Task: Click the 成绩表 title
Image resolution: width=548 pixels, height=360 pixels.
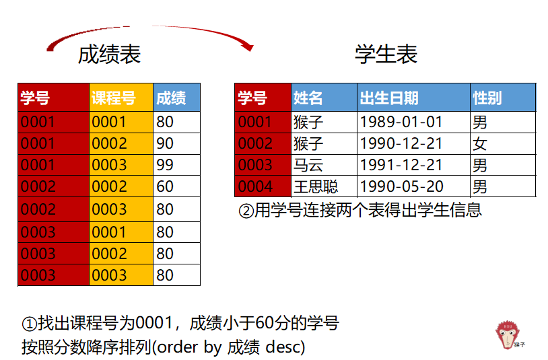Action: click(109, 55)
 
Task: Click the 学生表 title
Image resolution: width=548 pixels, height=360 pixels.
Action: click(386, 55)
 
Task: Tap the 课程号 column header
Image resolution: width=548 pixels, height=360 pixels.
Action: click(113, 98)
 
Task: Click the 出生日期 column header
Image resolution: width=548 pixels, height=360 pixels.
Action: click(389, 98)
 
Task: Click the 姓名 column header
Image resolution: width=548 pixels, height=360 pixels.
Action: click(308, 98)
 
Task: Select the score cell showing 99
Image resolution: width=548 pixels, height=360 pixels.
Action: click(165, 165)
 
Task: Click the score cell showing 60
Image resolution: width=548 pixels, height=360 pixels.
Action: click(165, 186)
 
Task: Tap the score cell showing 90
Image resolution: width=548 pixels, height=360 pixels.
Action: click(165, 143)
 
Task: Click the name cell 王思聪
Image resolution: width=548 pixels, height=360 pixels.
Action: click(316, 186)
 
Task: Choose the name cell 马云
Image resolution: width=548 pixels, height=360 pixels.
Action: click(308, 165)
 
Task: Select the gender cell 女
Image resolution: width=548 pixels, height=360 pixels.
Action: click(480, 143)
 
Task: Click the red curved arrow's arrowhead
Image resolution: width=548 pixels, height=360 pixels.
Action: click(248, 46)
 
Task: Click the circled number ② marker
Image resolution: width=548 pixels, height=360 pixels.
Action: click(246, 210)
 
